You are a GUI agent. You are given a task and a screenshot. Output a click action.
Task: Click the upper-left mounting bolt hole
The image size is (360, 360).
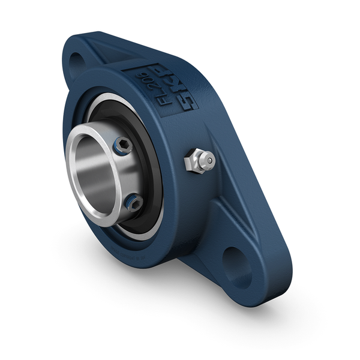coord(77,61)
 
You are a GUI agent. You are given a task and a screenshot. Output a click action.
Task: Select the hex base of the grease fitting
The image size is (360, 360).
coord(194,161)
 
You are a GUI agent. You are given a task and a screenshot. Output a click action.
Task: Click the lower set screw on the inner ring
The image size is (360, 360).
coord(133,203)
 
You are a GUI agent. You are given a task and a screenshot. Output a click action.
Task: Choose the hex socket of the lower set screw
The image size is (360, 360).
coord(133,203)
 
